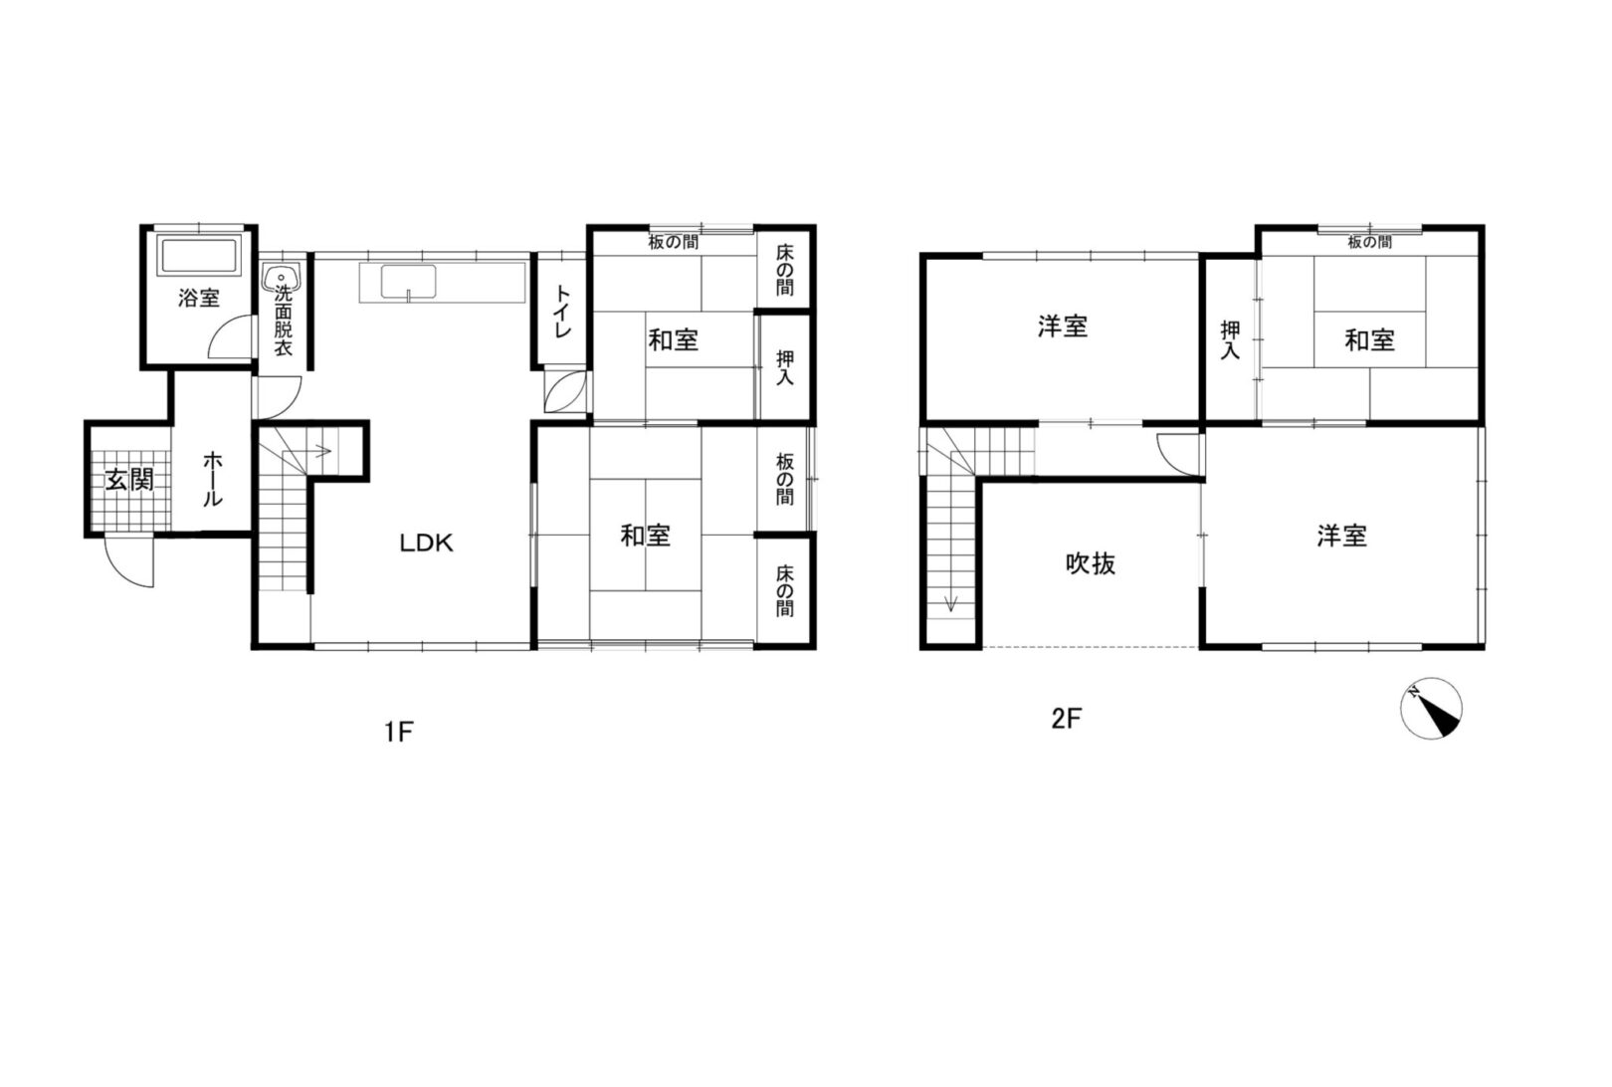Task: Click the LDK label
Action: tap(426, 543)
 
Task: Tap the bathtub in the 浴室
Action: tap(199, 256)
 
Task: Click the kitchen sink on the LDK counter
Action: tap(408, 282)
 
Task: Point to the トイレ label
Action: tap(562, 312)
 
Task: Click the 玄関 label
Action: tap(129, 480)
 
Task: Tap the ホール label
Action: tap(212, 479)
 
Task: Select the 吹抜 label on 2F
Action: tap(1091, 563)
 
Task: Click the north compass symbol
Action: tap(1431, 709)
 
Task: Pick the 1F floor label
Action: tap(398, 732)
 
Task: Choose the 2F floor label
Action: tap(1067, 719)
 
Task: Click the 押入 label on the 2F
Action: tap(1230, 340)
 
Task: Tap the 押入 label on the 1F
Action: tap(785, 367)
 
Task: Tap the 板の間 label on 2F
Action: tap(1369, 243)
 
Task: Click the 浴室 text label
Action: tap(199, 298)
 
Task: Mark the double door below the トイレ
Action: tap(566, 391)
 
